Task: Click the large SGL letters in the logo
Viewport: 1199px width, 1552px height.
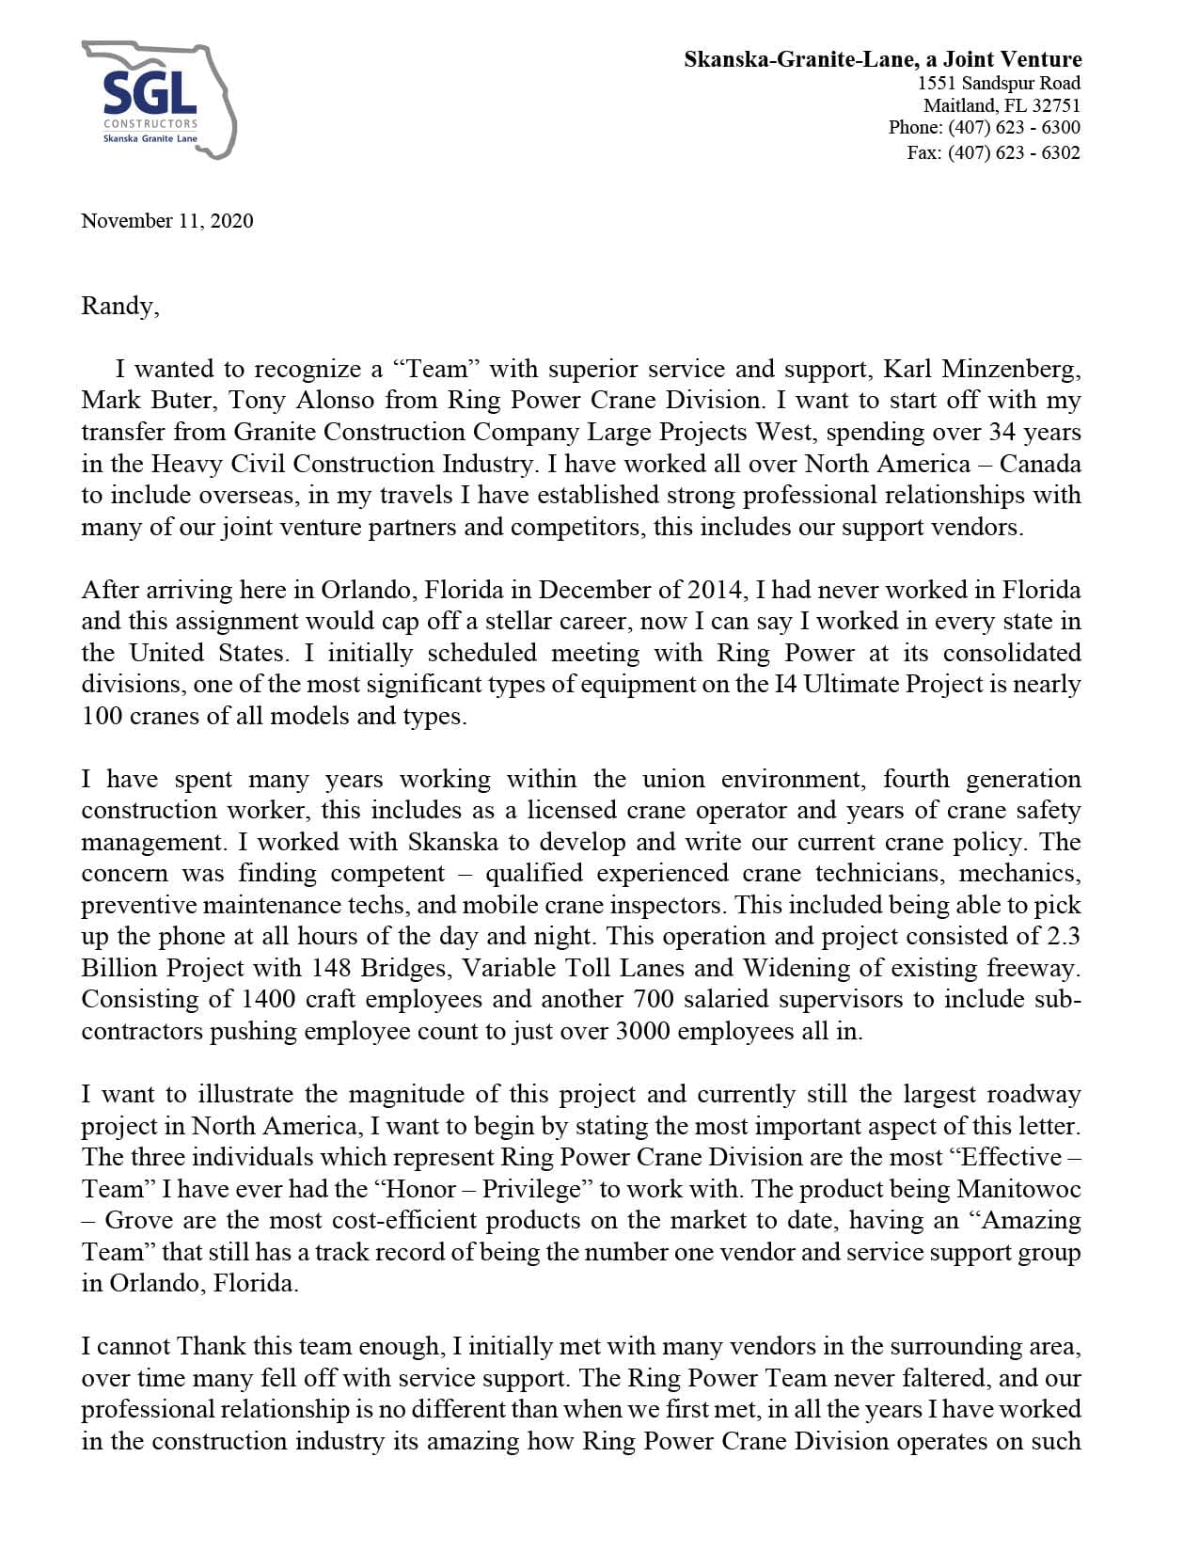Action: [150, 93]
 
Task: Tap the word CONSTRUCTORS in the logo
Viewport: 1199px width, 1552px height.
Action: [150, 124]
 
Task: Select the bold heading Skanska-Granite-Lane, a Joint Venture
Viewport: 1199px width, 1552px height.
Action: [882, 59]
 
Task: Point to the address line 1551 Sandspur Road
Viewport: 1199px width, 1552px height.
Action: [999, 83]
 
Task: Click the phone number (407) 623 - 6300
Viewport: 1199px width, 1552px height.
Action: [1014, 127]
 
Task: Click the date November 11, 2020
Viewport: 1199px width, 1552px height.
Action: [167, 220]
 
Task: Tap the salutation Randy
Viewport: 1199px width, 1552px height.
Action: [119, 306]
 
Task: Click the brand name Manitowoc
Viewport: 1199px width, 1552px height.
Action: [1018, 1189]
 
